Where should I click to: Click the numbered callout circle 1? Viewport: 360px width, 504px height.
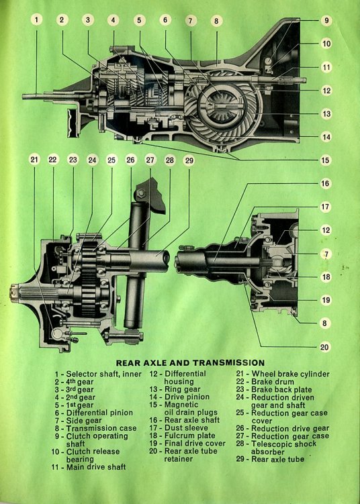click(36, 20)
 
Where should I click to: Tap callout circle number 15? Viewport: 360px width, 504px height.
click(326, 160)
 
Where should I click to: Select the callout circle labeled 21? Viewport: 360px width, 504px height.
click(34, 160)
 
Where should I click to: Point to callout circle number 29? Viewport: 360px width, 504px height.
click(189, 160)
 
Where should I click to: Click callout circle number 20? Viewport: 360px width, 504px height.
click(324, 347)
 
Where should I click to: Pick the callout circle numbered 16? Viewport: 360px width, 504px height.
click(325, 183)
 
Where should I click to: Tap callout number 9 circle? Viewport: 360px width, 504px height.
click(326, 20)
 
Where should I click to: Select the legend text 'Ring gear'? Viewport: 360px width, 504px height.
click(183, 389)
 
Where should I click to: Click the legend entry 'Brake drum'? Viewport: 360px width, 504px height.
click(273, 382)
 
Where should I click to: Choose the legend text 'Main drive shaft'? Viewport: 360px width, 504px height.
click(96, 466)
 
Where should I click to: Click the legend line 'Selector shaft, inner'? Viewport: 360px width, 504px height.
click(103, 374)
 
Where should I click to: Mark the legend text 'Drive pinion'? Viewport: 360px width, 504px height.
click(187, 397)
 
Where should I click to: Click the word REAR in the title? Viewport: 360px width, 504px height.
click(128, 363)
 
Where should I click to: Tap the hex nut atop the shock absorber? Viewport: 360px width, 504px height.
click(141, 193)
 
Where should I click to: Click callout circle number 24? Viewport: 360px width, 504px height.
click(92, 160)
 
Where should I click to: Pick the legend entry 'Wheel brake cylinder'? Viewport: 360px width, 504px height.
click(291, 374)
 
